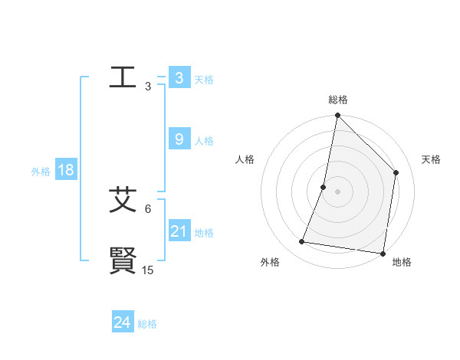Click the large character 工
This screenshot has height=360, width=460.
coord(123,77)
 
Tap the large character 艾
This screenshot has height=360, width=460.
coord(123,199)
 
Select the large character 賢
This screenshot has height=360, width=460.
coord(123,260)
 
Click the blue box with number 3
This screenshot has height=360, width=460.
coord(179,77)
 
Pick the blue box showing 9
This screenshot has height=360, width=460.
coord(179,139)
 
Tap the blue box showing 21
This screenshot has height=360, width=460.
coord(179,231)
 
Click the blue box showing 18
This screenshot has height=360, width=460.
coord(65,170)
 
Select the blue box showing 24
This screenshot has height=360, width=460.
coord(122,322)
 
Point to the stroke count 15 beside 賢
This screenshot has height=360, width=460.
coord(148,270)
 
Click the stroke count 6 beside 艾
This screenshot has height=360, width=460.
coord(148,208)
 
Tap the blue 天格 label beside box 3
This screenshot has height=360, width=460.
coord(204,79)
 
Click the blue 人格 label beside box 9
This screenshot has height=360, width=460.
coord(204,141)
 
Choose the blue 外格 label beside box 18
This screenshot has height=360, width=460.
coord(41,172)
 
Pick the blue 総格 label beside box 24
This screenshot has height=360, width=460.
coord(147,324)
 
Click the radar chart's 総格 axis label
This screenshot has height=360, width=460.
coord(337,100)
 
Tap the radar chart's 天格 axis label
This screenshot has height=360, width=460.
coord(432,159)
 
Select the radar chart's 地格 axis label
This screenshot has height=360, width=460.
coord(402,262)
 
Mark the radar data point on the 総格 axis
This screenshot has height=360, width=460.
coord(337,116)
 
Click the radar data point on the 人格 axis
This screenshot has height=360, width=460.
coord(324,187)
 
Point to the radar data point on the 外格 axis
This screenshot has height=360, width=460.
coord(302,242)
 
